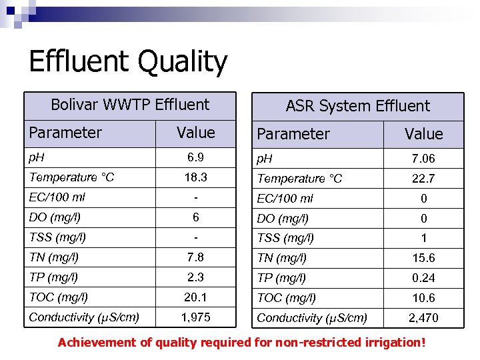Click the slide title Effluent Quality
click(x=128, y=62)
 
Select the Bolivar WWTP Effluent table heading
click(x=130, y=105)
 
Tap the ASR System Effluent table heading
click(x=357, y=106)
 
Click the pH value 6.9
click(x=196, y=157)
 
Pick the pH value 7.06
click(x=423, y=159)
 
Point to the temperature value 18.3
click(x=196, y=177)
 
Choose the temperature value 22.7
click(x=423, y=179)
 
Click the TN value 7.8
click(x=196, y=257)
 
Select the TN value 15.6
click(x=423, y=258)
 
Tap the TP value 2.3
click(x=196, y=277)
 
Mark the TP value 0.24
click(x=423, y=278)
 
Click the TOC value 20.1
click(x=196, y=297)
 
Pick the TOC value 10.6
click(x=423, y=298)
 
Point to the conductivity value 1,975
click(x=196, y=317)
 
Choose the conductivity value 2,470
click(x=423, y=318)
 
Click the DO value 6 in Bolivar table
click(x=196, y=217)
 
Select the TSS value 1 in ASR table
click(x=423, y=238)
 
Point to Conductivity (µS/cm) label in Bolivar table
click(x=84, y=317)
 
